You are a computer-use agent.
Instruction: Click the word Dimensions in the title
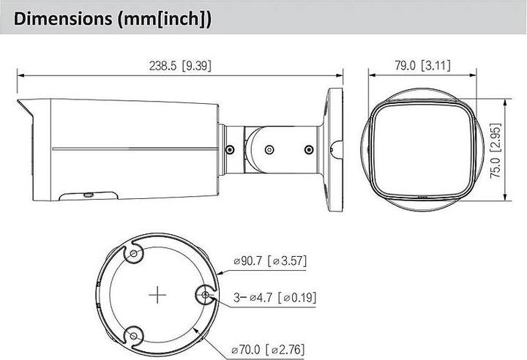pyautogui.click(x=58, y=18)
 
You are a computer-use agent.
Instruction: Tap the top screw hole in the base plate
pyautogui.click(x=134, y=254)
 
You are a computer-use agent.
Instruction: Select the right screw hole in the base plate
pyautogui.click(x=206, y=296)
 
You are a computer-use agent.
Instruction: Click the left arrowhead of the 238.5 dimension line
pyautogui.click(x=20, y=75)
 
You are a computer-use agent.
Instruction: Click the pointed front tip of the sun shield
pyautogui.click(x=17, y=100)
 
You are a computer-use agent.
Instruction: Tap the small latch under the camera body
pyautogui.click(x=88, y=195)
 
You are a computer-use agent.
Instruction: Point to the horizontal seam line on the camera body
pyautogui.click(x=132, y=149)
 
